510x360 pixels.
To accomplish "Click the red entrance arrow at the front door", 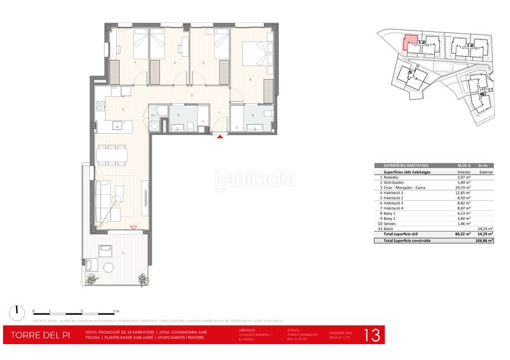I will click(220, 136).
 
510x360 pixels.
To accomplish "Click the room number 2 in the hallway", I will click(191, 96).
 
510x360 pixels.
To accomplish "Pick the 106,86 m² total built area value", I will click(486, 241).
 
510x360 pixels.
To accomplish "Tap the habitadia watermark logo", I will click(254, 180).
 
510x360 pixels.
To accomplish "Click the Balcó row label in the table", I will click(389, 227).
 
